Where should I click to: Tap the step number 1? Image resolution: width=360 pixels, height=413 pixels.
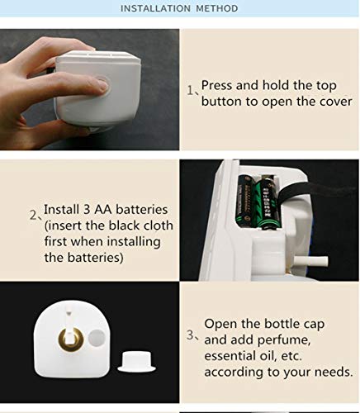click(x=189, y=89)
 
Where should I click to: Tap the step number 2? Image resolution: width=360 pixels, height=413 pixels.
click(x=34, y=216)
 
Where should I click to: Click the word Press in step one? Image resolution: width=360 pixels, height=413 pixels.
click(x=217, y=85)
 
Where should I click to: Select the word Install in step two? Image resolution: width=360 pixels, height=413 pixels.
click(x=60, y=209)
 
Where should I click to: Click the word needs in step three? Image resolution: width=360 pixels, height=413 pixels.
click(x=331, y=371)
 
